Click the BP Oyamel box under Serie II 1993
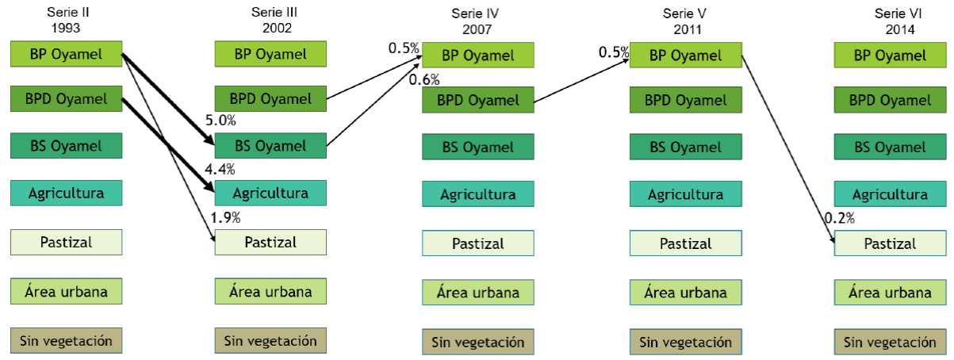tap(67, 55)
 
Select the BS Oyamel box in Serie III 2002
tap(271, 146)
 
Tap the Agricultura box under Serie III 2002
tap(271, 193)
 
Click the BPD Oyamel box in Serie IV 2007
tap(478, 101)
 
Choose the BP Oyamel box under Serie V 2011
tap(686, 56)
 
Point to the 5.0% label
tap(220, 121)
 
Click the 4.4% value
tap(220, 169)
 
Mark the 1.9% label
tap(225, 217)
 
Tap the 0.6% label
tap(424, 79)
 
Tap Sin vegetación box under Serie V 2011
tap(686, 342)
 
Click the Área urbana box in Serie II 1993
tap(67, 292)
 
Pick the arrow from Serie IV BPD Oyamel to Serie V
tap(583, 79)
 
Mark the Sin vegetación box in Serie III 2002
tap(271, 341)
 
